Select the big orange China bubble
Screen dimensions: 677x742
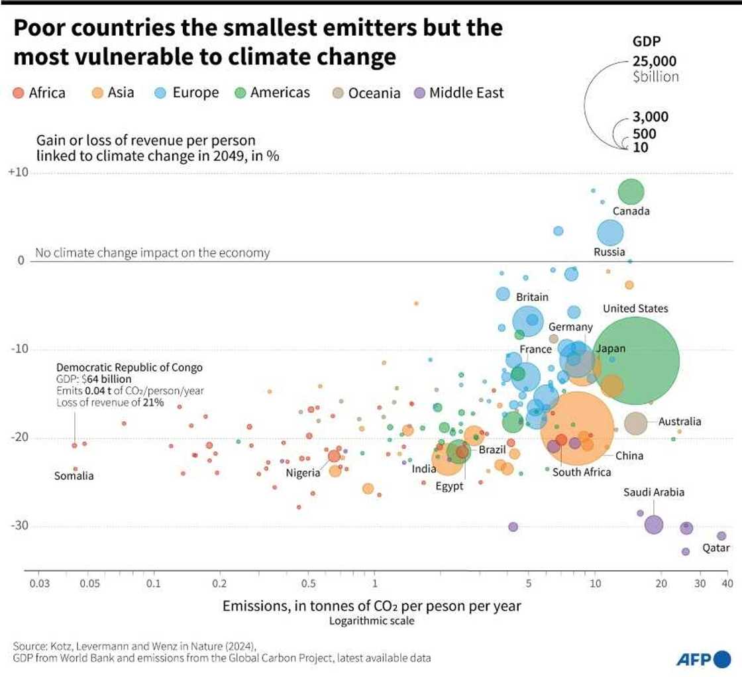coord(577,429)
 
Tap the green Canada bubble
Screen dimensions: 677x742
coord(631,191)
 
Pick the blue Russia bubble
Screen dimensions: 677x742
coord(610,233)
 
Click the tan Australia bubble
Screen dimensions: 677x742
coord(635,423)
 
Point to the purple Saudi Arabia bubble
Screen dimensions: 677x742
coord(653,525)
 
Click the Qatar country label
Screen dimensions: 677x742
coord(716,548)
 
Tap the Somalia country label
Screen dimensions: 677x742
coord(74,476)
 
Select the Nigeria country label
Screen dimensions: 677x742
coord(304,472)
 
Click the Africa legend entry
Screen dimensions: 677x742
coord(40,93)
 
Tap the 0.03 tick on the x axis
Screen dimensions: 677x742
coord(39,583)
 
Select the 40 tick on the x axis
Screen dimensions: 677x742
coord(727,583)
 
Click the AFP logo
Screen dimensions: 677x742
coord(702,659)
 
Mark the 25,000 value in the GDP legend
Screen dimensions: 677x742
coord(655,61)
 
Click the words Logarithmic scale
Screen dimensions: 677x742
coord(372,621)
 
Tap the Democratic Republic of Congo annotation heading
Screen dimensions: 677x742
coord(129,367)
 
